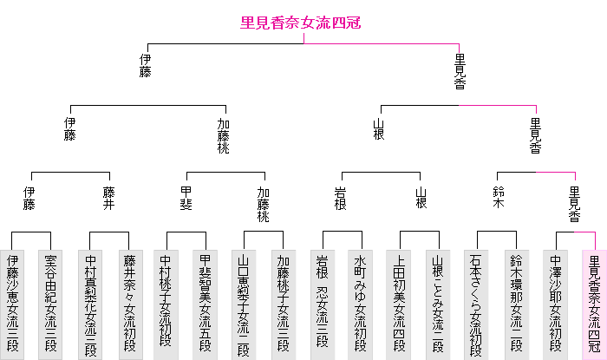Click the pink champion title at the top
tap(300, 24)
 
